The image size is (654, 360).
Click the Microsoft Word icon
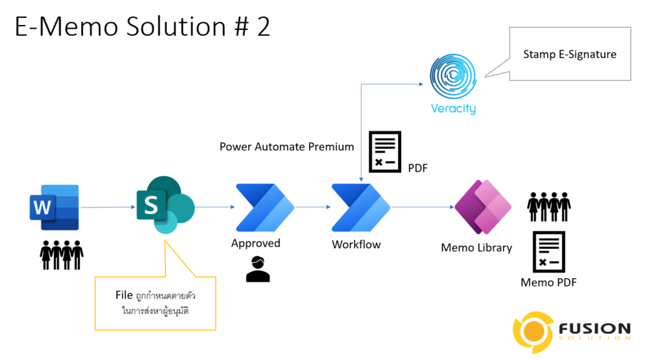[x=54, y=207]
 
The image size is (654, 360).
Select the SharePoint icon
[x=165, y=205]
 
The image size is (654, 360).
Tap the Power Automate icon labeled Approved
[x=265, y=207]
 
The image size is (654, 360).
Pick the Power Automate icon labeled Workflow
[x=361, y=207]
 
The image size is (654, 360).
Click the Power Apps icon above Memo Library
[x=483, y=207]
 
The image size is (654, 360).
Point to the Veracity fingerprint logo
[x=453, y=76]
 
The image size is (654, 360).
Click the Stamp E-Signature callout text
[x=570, y=55]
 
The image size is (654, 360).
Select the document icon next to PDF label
[x=385, y=152]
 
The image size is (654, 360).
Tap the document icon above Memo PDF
[x=549, y=251]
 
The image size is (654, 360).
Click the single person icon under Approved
[x=258, y=269]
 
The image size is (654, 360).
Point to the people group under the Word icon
[x=62, y=255]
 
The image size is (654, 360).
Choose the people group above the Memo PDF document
[x=549, y=207]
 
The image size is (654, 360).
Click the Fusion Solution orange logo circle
[x=534, y=332]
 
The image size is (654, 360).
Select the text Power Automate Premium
[x=287, y=147]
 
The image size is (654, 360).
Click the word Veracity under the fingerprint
[x=453, y=109]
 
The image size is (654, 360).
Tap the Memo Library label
[x=476, y=248]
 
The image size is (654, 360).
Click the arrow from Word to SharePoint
[x=108, y=207]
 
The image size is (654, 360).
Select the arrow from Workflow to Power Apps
[x=423, y=207]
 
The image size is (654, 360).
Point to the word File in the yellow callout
[x=124, y=295]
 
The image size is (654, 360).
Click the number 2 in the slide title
[x=264, y=27]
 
